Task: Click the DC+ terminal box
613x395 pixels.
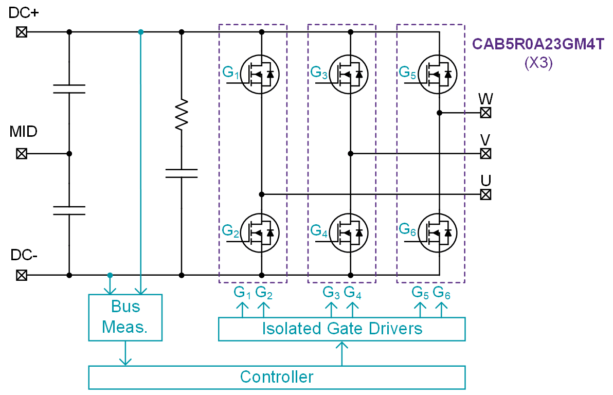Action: [x=21, y=32]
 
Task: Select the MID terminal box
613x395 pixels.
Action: [x=21, y=153]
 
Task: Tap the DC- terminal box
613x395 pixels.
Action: [x=21, y=275]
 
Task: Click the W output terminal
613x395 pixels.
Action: [x=485, y=113]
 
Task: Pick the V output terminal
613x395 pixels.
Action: [x=485, y=153]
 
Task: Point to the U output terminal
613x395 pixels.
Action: [x=485, y=194]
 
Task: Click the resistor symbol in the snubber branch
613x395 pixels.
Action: [x=181, y=114]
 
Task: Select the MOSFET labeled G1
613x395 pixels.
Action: [x=260, y=75]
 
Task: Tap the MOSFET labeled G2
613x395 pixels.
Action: [x=260, y=233]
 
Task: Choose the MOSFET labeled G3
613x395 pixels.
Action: [x=349, y=75]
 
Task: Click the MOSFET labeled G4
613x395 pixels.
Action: [x=349, y=233]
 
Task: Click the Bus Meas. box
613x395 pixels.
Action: [x=125, y=317]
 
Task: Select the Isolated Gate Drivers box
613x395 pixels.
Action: [x=341, y=329]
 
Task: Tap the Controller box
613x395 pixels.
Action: [x=277, y=377]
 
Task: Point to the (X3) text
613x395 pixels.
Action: [x=538, y=63]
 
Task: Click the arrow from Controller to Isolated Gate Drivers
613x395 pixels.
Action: [x=341, y=353]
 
